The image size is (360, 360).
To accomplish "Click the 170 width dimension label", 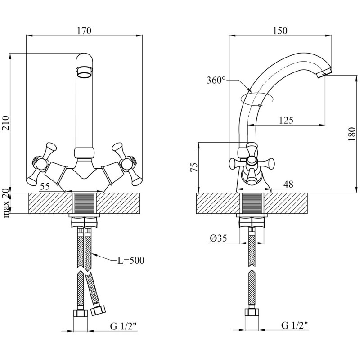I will pyautogui.click(x=84, y=31).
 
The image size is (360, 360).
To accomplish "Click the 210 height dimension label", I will pyautogui.click(x=6, y=122).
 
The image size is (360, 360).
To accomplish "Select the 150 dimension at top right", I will pyautogui.click(x=280, y=31).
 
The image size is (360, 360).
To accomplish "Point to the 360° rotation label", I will pyautogui.click(x=216, y=81).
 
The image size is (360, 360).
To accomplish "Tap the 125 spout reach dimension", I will pyautogui.click(x=286, y=120).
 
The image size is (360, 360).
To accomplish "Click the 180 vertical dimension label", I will pyautogui.click(x=352, y=134).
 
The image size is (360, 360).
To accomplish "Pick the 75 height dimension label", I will pyautogui.click(x=194, y=167).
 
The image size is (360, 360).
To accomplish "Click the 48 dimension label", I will pyautogui.click(x=288, y=184).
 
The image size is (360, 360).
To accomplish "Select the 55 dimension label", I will pyautogui.click(x=45, y=185).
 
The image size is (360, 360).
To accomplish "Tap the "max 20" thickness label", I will pyautogui.click(x=6, y=203).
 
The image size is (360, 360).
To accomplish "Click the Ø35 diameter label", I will pyautogui.click(x=218, y=239).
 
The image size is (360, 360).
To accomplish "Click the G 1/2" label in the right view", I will pyautogui.click(x=296, y=325).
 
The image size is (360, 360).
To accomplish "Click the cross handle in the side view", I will pyautogui.click(x=250, y=164).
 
